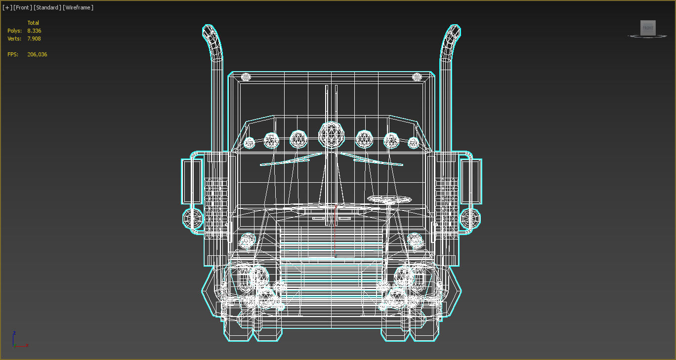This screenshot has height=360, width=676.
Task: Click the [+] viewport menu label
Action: (7, 7)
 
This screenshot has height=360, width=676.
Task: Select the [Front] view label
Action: (22, 7)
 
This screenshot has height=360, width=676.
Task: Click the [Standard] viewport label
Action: (47, 7)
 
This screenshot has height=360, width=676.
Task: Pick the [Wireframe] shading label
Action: (78, 7)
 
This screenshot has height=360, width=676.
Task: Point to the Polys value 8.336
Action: (34, 31)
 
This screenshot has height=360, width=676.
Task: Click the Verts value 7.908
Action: (34, 39)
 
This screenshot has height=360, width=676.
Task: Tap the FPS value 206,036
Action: (37, 54)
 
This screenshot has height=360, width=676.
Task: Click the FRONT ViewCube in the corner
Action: (648, 28)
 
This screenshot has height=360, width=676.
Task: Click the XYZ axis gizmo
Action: (18, 341)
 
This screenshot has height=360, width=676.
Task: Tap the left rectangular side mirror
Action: (192, 181)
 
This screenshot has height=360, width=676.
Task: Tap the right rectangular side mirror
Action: (470, 181)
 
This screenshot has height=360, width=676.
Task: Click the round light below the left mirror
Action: (193, 218)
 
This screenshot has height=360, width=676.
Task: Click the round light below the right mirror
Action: (470, 218)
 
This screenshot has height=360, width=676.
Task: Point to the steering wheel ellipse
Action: (389, 199)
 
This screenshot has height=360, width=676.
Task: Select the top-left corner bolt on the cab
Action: (246, 77)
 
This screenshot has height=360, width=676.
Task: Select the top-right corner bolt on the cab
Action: (417, 77)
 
